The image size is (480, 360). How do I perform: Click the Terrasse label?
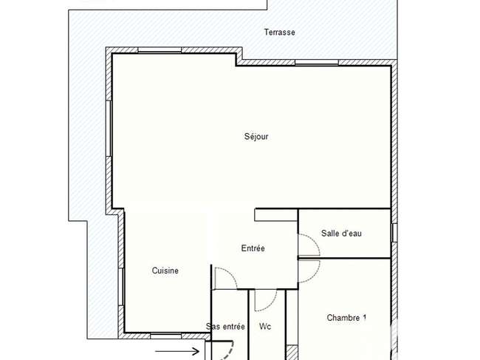tap(279, 33)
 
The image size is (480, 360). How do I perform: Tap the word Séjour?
tap(256, 136)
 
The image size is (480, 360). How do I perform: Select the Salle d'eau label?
tap(341, 234)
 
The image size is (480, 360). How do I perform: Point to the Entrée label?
tap(253, 248)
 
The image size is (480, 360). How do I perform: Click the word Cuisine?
tap(165, 271)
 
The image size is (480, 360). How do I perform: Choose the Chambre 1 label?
tap(346, 318)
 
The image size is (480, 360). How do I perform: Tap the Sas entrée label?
tap(225, 327)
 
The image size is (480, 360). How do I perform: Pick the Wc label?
tap(265, 327)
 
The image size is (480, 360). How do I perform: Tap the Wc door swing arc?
tap(272, 303)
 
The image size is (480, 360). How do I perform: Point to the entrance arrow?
tap(177, 351)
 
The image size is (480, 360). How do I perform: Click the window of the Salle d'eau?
tap(394, 233)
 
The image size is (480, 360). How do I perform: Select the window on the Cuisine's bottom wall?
tap(165, 336)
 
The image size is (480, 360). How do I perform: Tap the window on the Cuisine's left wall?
tap(121, 287)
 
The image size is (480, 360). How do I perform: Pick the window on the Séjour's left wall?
tap(109, 129)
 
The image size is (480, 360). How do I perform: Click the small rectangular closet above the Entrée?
tap(276, 215)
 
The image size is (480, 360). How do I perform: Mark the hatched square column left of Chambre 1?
tap(292, 353)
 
